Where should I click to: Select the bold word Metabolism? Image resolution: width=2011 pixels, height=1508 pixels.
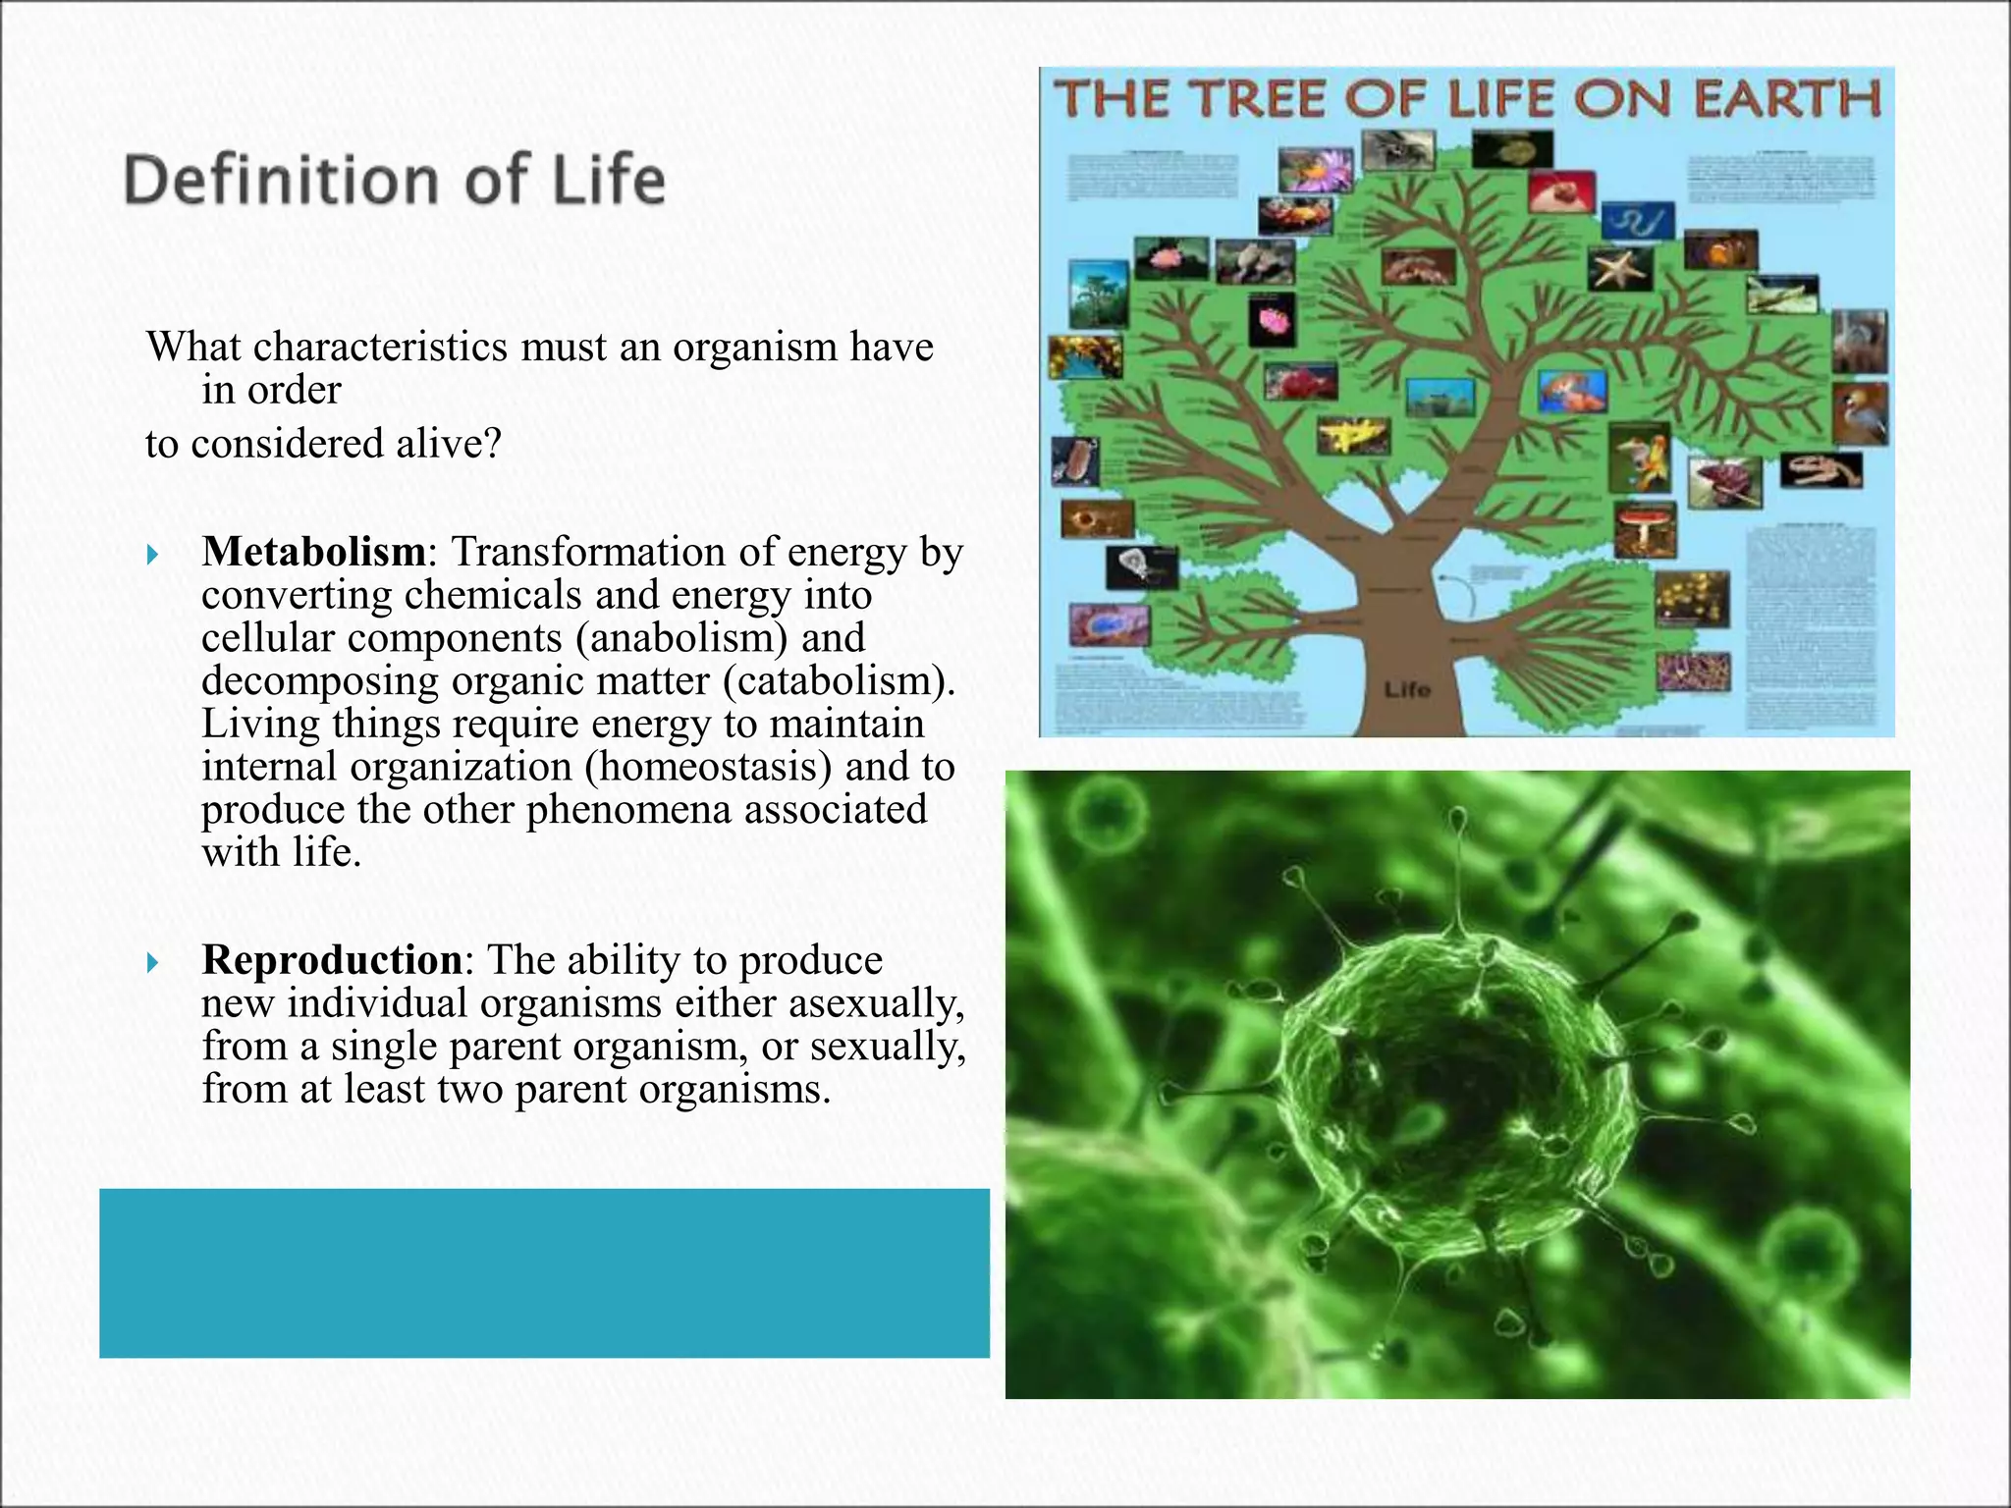(x=313, y=552)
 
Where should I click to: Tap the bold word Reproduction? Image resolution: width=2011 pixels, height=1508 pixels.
(x=332, y=959)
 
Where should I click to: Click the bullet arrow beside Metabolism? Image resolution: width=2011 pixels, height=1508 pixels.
(x=152, y=555)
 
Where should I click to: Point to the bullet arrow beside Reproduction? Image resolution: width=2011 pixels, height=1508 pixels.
(x=152, y=962)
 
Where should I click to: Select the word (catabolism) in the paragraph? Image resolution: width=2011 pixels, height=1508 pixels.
(x=839, y=680)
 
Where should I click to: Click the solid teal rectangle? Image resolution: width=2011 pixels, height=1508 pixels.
(x=544, y=1272)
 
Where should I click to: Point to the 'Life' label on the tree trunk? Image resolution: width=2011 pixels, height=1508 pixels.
(x=1407, y=689)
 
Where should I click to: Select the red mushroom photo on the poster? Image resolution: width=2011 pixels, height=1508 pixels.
(x=1645, y=528)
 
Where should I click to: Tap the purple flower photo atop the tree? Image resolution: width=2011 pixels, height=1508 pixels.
(x=1316, y=169)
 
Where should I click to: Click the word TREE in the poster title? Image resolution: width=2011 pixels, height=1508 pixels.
(x=1242, y=99)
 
